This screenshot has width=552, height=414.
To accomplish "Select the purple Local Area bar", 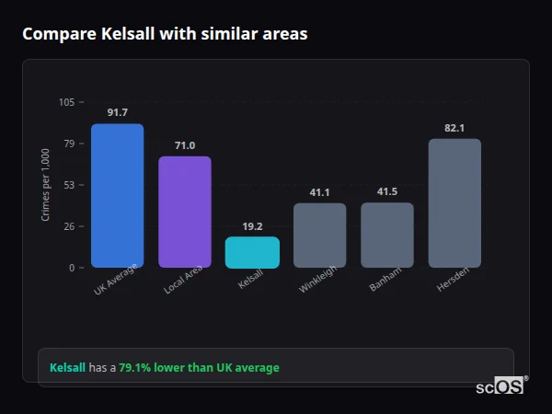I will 184,213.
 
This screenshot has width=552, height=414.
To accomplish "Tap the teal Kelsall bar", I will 252,253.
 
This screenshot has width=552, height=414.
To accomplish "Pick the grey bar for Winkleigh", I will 319,236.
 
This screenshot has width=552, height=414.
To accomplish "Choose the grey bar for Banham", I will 386,236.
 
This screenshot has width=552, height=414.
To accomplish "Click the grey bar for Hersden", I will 454,203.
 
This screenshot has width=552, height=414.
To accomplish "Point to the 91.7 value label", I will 117,112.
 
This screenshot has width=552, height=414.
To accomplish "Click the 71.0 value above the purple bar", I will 184,145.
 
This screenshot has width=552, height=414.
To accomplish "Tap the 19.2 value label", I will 252,226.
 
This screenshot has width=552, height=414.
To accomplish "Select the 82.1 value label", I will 454,128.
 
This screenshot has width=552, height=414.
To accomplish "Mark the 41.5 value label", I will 386,192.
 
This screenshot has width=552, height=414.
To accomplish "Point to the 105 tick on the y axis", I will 66,102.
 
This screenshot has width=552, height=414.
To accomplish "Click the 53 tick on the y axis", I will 69,185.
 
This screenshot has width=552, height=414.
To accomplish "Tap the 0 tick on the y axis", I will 72,268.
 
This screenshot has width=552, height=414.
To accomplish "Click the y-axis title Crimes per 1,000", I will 46,185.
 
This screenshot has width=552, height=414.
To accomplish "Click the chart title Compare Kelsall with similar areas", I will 165,34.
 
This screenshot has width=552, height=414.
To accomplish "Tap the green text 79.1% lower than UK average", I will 199,368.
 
